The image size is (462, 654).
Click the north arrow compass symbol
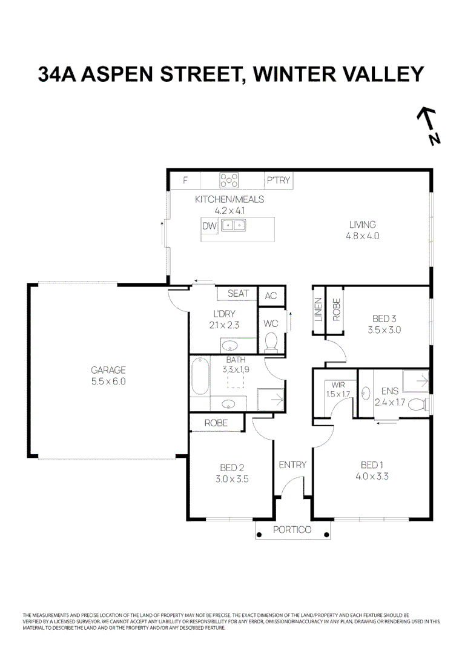[x=429, y=126]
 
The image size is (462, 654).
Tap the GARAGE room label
[x=108, y=369]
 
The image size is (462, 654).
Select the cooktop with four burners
[x=230, y=180]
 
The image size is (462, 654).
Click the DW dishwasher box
[x=210, y=226]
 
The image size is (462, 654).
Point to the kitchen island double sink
[x=233, y=226]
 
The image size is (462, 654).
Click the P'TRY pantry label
[x=279, y=180]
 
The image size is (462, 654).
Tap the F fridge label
[x=185, y=180]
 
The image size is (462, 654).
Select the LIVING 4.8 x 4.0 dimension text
[x=362, y=236]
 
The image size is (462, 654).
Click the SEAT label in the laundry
[x=238, y=294]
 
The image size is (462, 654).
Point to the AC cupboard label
[x=271, y=296]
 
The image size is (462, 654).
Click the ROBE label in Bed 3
[x=337, y=310]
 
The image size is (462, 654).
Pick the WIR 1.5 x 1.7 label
[x=337, y=389]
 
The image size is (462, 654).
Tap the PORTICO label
[x=292, y=530]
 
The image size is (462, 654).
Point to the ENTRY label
[x=292, y=465]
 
